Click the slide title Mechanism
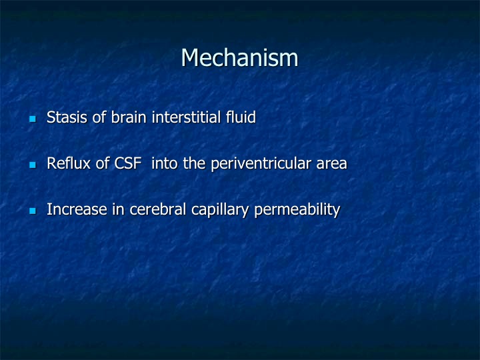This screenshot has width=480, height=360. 240,57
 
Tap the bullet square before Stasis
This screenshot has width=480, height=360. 33,119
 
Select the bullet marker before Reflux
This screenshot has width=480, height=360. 33,165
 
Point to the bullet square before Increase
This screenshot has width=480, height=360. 33,211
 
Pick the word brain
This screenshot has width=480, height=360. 128,117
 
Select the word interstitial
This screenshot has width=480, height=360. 186,117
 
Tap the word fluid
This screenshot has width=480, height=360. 241,117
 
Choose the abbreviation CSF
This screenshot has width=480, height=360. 128,163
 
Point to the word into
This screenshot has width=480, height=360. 165,163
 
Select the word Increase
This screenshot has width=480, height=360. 77,209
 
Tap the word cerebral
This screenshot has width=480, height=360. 157,209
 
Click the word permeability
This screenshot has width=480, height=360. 297,210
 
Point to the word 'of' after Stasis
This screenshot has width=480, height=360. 99,117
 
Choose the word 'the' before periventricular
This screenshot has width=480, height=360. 194,163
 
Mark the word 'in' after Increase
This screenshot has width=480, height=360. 118,209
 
